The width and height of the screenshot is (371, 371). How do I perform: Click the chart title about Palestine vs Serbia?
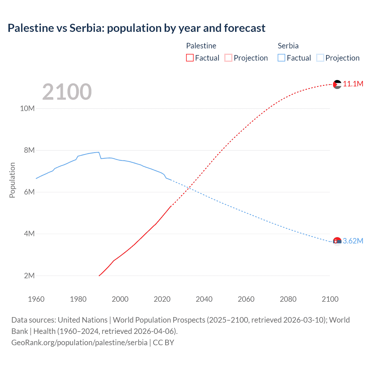pyautogui.click(x=136, y=28)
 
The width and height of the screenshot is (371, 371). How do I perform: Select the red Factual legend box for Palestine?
pyautogui.click(x=190, y=58)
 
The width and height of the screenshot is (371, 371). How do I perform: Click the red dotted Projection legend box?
pyautogui.click(x=228, y=58)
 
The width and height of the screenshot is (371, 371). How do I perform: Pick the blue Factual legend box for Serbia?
pyautogui.click(x=281, y=58)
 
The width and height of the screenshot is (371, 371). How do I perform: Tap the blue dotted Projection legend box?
pyautogui.click(x=320, y=58)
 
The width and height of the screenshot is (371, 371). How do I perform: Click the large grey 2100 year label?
pyautogui.click(x=67, y=92)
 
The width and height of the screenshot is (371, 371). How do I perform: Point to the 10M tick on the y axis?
pyautogui.click(x=27, y=108)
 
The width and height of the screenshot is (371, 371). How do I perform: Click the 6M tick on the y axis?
pyautogui.click(x=29, y=192)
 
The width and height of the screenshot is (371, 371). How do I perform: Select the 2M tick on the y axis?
pyautogui.click(x=29, y=276)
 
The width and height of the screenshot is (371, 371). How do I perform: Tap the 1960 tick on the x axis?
pyautogui.click(x=36, y=299)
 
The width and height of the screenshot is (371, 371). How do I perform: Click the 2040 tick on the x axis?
pyautogui.click(x=204, y=299)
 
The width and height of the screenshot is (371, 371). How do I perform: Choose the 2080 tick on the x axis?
pyautogui.click(x=288, y=299)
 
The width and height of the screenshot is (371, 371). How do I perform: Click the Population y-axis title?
pyautogui.click(x=12, y=180)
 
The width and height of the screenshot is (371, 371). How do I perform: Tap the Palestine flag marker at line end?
pyautogui.click(x=337, y=84)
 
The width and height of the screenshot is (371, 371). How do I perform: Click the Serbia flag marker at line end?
pyautogui.click(x=337, y=241)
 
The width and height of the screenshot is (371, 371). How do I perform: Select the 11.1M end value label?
pyautogui.click(x=353, y=84)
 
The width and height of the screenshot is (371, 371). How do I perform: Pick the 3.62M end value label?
pyautogui.click(x=353, y=241)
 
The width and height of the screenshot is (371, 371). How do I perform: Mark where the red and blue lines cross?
pyautogui.click(x=189, y=188)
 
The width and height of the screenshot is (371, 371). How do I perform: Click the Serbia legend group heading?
pyautogui.click(x=288, y=46)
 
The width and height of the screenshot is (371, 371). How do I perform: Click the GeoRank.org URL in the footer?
pyautogui.click(x=79, y=343)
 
